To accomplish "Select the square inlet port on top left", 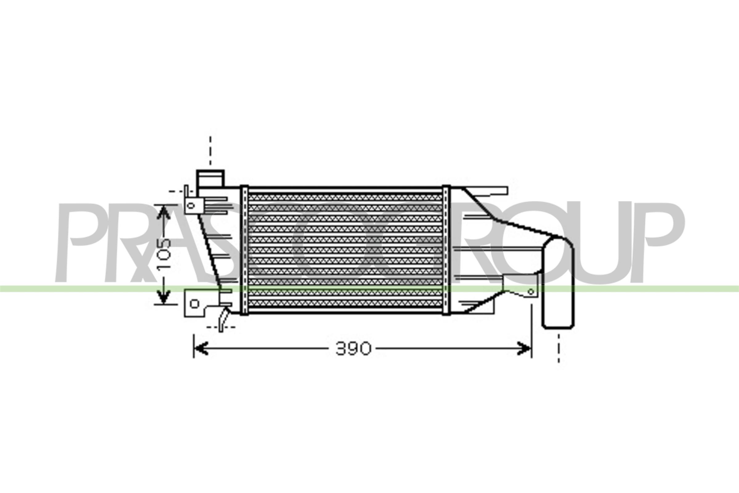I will [x=210, y=179].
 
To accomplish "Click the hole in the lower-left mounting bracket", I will [x=195, y=304].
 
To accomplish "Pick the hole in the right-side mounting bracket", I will [x=531, y=291].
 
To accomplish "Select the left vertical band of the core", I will [x=244, y=250].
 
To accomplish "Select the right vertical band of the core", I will [x=446, y=250].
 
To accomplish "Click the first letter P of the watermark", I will [x=82, y=242].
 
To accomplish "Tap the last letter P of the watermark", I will [x=663, y=242].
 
